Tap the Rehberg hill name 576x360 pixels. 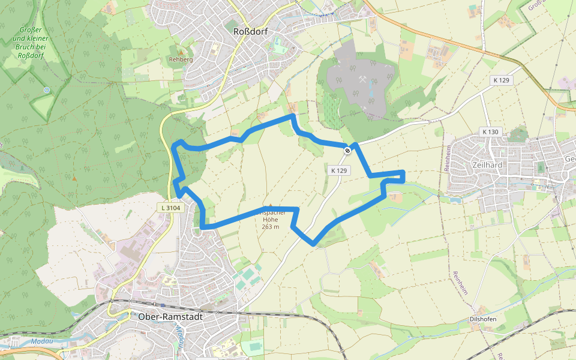(x=181, y=60)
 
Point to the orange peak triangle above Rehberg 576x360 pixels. (x=181, y=52)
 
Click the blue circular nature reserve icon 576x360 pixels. (x=46, y=90)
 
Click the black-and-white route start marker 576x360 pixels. (x=347, y=150)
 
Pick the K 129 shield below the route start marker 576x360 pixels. (x=338, y=170)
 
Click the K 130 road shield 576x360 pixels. (x=490, y=131)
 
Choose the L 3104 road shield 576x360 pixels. (x=170, y=208)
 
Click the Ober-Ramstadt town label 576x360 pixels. (x=170, y=316)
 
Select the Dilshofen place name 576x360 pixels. (x=483, y=319)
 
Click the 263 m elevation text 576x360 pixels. (x=271, y=227)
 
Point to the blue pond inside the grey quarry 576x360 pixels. (x=370, y=90)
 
